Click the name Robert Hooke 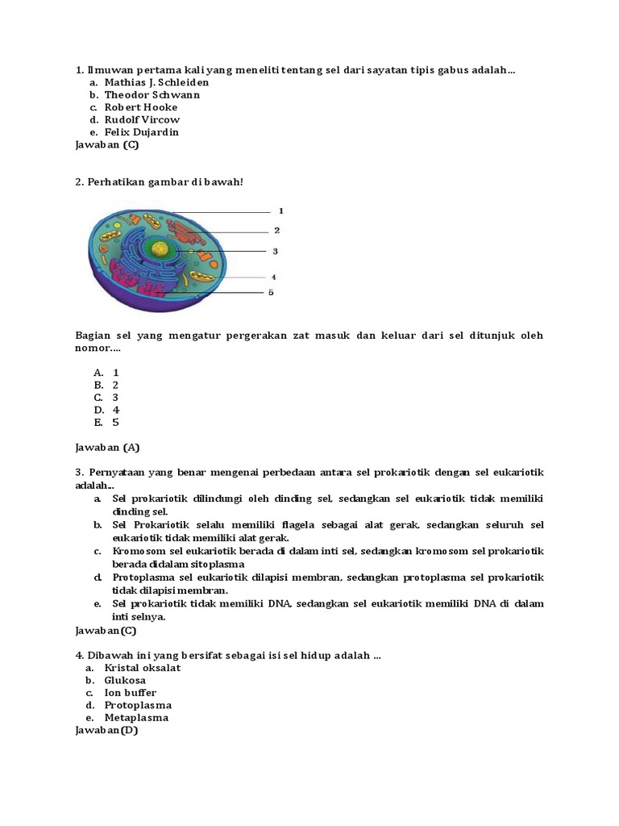click(141, 107)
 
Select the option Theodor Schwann click(152, 94)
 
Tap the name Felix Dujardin click(142, 132)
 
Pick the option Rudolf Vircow click(142, 119)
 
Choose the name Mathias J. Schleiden click(156, 82)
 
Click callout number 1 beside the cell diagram click(281, 211)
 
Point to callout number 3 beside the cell click(275, 251)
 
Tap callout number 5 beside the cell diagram click(271, 292)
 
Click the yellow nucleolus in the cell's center click(161, 250)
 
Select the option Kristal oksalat click(143, 668)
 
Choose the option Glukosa click(125, 680)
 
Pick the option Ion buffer click(131, 693)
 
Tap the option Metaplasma click(136, 718)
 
